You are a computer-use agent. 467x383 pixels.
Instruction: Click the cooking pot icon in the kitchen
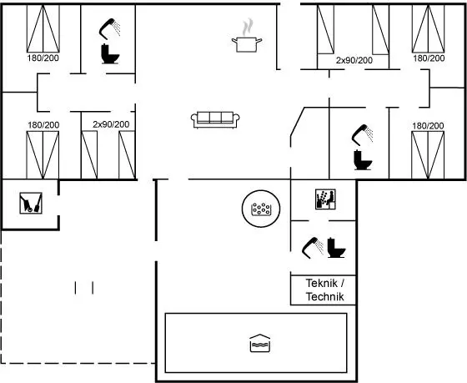[247, 44]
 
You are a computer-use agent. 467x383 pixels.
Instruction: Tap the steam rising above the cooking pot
[248, 28]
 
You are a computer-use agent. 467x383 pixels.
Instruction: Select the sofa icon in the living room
[215, 120]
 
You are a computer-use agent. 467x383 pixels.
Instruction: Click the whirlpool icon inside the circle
[261, 209]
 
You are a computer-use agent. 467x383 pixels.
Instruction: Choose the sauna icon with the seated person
[325, 199]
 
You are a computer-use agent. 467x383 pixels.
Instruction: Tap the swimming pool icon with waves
[259, 343]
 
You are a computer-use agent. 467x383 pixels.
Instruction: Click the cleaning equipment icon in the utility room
[31, 203]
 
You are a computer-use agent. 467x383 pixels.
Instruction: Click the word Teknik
[322, 283]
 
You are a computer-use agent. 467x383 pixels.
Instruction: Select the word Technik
[325, 296]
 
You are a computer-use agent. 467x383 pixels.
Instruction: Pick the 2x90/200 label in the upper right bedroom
[354, 61]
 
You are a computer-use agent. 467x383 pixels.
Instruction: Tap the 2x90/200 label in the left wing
[111, 124]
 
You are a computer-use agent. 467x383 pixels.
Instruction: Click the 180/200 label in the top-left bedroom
[43, 58]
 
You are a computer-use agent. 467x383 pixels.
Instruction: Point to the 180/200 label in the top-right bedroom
[429, 58]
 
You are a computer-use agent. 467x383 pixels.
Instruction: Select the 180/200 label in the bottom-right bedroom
[428, 126]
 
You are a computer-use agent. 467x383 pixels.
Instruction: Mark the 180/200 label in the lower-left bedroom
[43, 125]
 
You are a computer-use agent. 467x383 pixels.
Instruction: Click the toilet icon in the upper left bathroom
[109, 54]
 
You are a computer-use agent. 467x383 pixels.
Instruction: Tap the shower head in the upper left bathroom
[109, 28]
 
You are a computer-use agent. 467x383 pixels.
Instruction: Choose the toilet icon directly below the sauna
[336, 248]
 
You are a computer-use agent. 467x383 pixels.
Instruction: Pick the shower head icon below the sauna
[313, 247]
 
